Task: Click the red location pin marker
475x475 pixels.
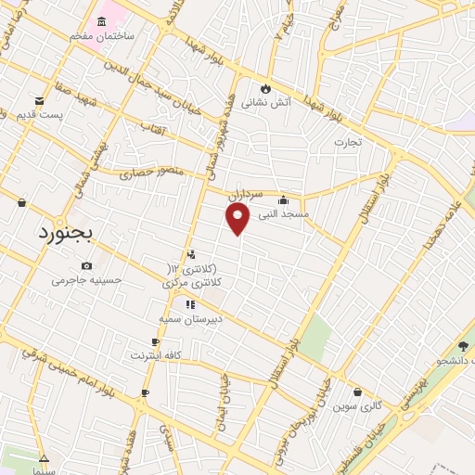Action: click(238, 218)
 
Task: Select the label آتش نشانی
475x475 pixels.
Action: click(266, 103)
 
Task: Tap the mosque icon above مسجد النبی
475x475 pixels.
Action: click(283, 199)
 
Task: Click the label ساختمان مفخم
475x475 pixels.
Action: click(102, 35)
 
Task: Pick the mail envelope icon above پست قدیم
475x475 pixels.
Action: click(39, 100)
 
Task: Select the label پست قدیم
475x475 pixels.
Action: click(39, 114)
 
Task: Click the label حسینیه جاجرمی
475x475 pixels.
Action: click(85, 279)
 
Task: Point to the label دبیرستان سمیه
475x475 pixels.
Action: click(190, 317)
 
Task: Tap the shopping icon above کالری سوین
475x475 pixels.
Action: click(358, 392)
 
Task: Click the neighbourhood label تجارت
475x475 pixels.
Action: click(348, 142)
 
